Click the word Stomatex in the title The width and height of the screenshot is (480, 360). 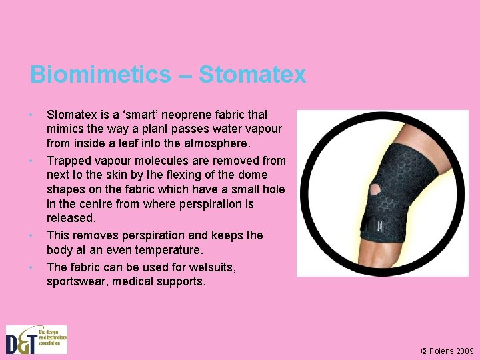252,74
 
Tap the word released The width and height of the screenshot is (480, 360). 71,218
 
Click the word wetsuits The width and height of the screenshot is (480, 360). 214,267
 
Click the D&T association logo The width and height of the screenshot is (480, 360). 37,339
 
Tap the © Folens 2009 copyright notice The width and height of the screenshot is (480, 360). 447,351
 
